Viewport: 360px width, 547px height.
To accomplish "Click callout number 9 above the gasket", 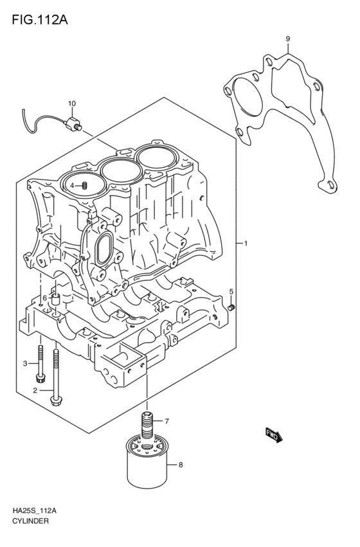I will coord(288,39).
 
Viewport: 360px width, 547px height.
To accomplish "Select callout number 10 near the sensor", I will coord(71,103).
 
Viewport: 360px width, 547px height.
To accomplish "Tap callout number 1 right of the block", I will coord(246,244).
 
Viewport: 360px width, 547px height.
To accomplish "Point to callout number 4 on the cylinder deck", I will coord(73,186).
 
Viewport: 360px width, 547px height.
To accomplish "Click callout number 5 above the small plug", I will coord(231,292).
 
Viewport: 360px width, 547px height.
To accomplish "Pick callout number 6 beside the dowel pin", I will coord(44,298).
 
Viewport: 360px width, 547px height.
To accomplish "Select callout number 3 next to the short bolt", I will coord(26,364).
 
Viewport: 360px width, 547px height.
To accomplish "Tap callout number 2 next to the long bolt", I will coord(35,390).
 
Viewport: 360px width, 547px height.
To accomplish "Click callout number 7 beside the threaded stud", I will coord(166,422).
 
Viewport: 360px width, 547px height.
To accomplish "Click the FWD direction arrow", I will coord(273,436).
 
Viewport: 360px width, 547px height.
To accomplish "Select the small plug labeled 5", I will coord(232,307).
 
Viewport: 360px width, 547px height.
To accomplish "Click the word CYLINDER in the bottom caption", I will coord(30,521).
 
